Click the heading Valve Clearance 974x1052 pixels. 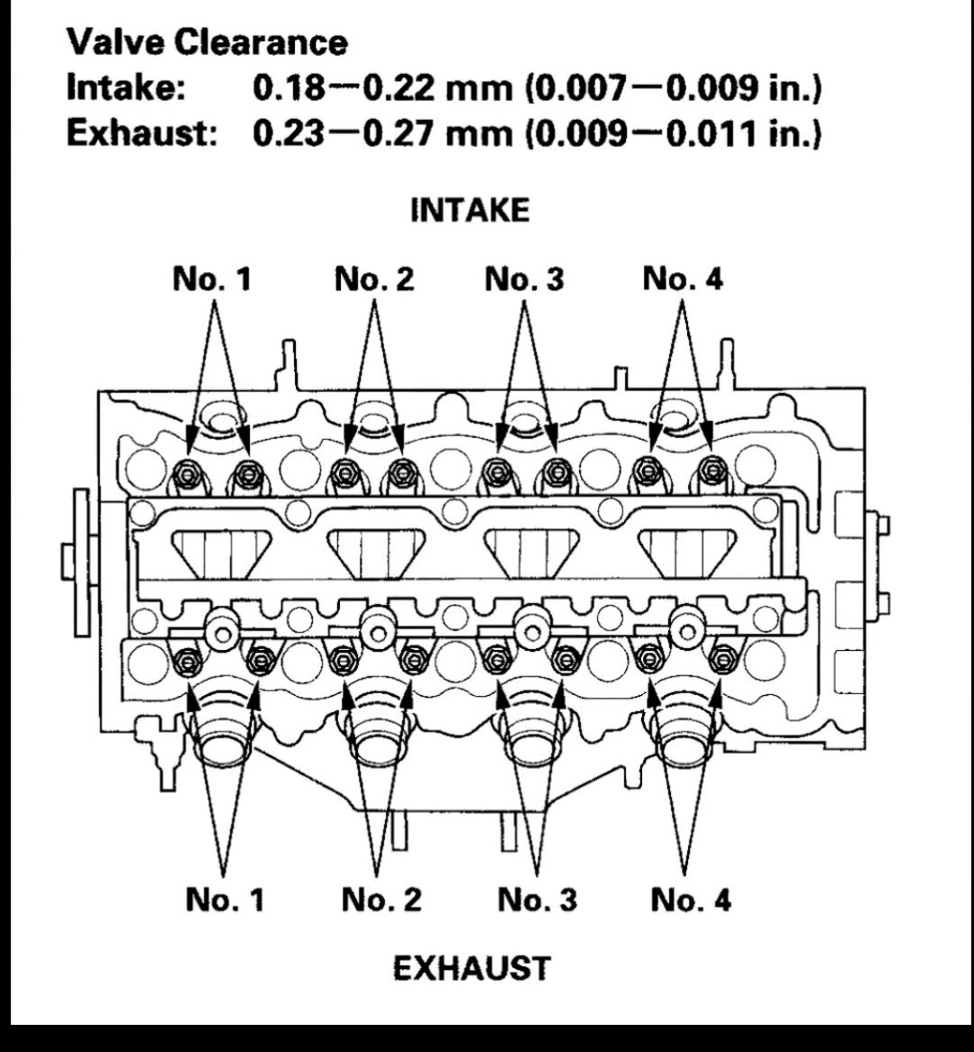(x=207, y=41)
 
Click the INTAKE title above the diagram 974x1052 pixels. (x=469, y=210)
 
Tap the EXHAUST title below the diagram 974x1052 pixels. (x=471, y=968)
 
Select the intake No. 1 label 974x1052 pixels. (x=212, y=279)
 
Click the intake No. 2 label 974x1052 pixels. (x=374, y=279)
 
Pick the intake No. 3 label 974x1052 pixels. (x=524, y=279)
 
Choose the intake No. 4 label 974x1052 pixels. (x=683, y=279)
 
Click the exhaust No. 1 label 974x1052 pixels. (x=225, y=899)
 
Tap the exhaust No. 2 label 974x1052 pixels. (x=381, y=899)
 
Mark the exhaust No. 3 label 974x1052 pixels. (x=537, y=899)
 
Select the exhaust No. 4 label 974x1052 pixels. (x=691, y=899)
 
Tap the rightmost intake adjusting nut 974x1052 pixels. (x=712, y=469)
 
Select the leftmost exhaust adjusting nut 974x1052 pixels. (x=188, y=662)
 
